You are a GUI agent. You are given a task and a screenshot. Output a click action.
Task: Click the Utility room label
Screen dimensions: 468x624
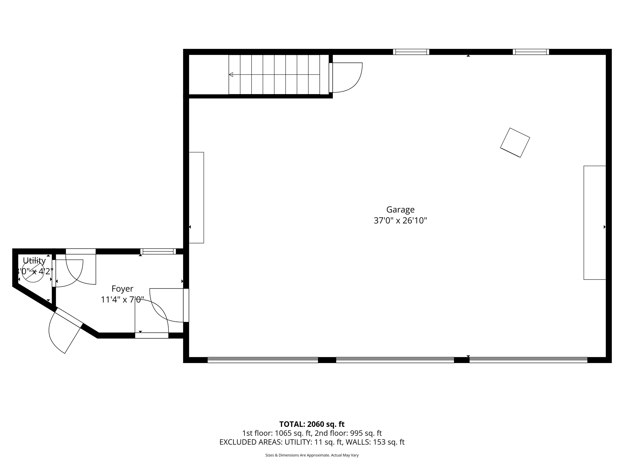[x=34, y=260]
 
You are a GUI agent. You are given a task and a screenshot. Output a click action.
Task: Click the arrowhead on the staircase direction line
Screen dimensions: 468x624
[x=231, y=75]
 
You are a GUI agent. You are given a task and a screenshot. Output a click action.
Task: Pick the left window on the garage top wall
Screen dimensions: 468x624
[x=411, y=52]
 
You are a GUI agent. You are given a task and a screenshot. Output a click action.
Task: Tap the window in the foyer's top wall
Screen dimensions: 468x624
[x=158, y=251]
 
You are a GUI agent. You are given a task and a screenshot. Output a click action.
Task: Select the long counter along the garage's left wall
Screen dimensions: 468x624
[x=196, y=197]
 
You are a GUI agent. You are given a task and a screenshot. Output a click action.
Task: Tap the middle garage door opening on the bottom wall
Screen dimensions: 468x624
[x=395, y=360]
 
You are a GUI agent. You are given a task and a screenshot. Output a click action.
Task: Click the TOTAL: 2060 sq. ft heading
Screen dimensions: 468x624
[x=312, y=424]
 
